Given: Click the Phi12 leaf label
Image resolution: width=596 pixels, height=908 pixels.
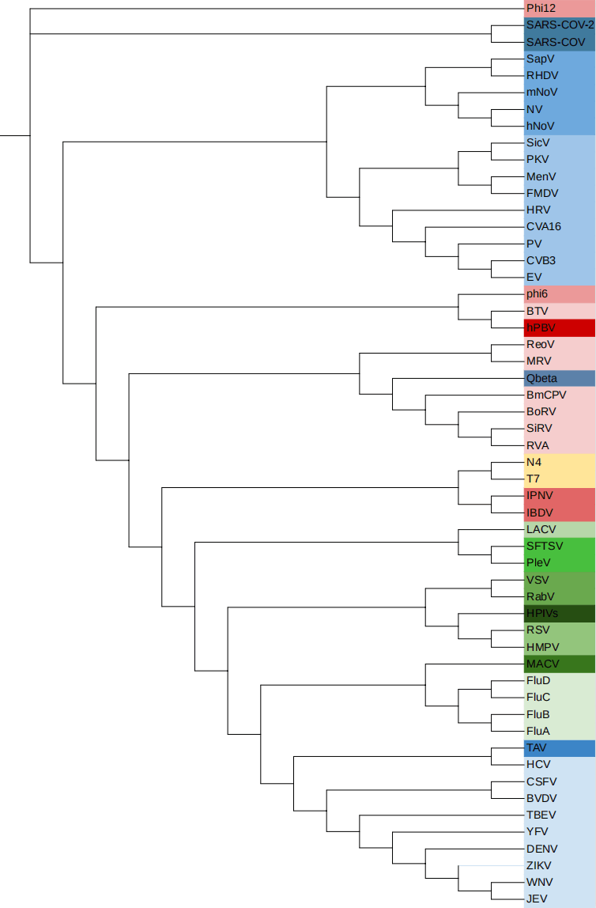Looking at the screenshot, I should (541, 8).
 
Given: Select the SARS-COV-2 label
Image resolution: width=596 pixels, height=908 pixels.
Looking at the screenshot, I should (560, 25).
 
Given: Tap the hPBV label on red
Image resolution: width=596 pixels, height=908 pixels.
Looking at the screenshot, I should (541, 327).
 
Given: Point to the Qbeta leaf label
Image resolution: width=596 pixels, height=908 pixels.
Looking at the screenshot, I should (541, 378).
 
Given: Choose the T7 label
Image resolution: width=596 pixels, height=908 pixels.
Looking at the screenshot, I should (534, 479).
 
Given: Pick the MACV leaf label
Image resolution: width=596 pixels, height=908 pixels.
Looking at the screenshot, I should (542, 664).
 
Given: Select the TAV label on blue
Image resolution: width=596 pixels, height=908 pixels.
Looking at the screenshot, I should (538, 747).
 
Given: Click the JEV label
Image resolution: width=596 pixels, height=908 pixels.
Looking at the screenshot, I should (538, 899).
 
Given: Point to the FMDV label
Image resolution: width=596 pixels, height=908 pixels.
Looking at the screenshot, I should (542, 193).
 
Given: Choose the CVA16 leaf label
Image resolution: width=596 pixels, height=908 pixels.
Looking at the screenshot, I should (544, 226).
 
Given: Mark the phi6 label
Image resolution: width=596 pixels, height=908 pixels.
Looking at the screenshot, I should (537, 294).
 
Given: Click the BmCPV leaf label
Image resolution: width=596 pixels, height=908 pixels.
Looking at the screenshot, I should (546, 395).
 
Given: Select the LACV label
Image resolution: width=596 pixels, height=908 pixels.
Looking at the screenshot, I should (541, 529).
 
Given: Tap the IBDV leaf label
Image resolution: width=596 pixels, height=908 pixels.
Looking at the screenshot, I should (541, 513).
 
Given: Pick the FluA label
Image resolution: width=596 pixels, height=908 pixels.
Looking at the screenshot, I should (538, 731).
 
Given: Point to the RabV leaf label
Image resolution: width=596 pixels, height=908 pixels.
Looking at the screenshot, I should (541, 596).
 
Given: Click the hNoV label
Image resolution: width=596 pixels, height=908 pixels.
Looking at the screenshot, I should (540, 126).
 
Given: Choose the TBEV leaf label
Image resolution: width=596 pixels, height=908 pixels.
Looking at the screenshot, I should (541, 815).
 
